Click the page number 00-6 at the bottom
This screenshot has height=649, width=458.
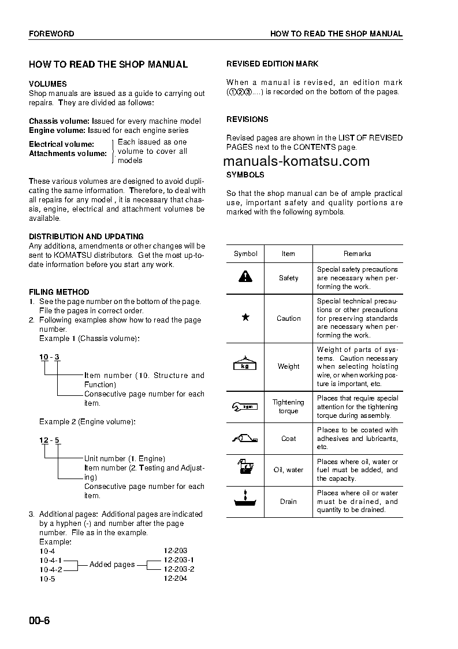pos(40,621)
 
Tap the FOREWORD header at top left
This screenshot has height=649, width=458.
pos(51,34)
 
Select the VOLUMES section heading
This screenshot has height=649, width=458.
pos(48,84)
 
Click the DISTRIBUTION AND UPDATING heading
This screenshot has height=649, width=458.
pos(86,236)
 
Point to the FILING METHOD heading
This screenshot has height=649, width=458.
pos(59,292)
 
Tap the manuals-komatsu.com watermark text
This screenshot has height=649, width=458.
pos(296,161)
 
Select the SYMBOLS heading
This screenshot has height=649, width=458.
pos(245,175)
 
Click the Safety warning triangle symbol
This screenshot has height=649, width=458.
pos(245,277)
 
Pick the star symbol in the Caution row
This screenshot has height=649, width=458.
pos(245,317)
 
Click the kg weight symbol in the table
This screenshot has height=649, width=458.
pos(245,365)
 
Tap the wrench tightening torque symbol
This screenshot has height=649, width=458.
pos(245,406)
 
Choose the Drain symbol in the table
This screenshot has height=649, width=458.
pos(245,500)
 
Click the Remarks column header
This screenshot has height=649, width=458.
pos(358,253)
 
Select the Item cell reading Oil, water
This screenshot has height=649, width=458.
pos(288,470)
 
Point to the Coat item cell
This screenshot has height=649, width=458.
pos(288,438)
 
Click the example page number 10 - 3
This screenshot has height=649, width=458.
pos(49,357)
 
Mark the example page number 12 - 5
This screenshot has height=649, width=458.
pos(49,440)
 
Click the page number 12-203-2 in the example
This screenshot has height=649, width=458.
pos(178,569)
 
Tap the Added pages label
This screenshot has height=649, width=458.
pos(112,564)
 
